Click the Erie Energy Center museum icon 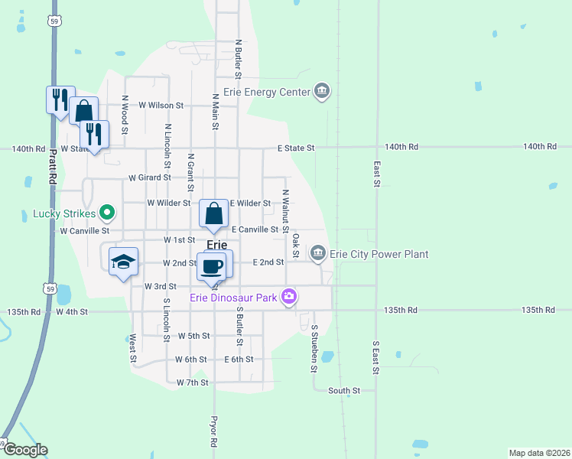click(x=322, y=92)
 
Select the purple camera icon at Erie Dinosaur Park click(x=288, y=297)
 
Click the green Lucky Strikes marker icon click(x=108, y=213)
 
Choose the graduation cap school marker click(x=123, y=262)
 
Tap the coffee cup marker click(x=212, y=267)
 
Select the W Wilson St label click(x=161, y=105)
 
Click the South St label click(x=343, y=391)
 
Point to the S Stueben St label click(x=314, y=348)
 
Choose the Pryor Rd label click(x=214, y=432)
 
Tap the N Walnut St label click(x=285, y=210)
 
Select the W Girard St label click(x=149, y=177)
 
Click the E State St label click(x=296, y=148)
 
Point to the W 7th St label click(x=192, y=382)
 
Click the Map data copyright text click(x=539, y=453)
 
